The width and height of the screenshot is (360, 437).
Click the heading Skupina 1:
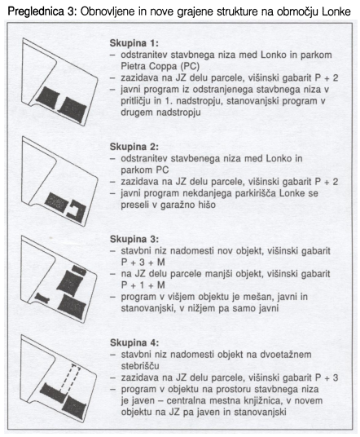[134, 43]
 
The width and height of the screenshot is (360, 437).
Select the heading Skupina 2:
[134, 147]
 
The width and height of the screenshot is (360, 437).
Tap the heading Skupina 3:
[134, 239]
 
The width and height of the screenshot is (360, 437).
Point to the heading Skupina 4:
[134, 342]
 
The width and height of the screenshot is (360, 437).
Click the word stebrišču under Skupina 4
[140, 365]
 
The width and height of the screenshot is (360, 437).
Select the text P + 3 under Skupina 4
[326, 377]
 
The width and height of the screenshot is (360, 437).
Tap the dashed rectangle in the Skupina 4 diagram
[70, 379]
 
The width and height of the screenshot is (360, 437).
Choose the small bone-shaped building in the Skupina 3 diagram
[42, 298]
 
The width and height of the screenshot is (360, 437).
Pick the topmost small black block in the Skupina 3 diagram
[79, 270]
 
